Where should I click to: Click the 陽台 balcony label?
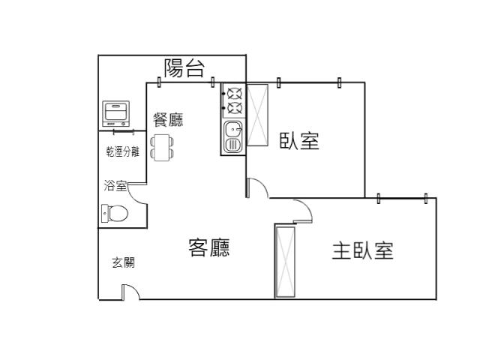tap(184, 68)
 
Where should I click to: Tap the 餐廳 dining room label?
tap(168, 119)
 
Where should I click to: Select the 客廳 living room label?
tap(209, 247)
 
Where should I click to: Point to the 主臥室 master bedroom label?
tap(363, 250)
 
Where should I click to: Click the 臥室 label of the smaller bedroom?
tap(299, 141)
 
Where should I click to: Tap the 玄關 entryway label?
tap(123, 262)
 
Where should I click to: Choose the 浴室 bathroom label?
tap(115, 185)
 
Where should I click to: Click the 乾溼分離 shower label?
tap(123, 151)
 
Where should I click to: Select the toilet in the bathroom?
tap(115, 213)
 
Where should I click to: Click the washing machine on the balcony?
tap(115, 113)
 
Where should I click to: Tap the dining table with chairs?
tap(162, 148)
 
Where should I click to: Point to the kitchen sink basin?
tap(233, 137)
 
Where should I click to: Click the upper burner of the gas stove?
tap(235, 94)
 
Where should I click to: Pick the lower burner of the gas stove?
tap(235, 108)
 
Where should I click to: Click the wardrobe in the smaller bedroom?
tap(257, 115)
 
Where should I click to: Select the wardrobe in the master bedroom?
tap(285, 262)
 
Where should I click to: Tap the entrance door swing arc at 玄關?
tap(135, 289)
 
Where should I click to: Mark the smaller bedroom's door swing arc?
tap(262, 184)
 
